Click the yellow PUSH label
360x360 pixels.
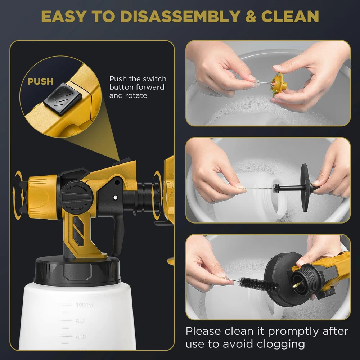[40, 81]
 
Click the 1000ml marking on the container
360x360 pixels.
[85, 305]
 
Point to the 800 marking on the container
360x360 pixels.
[81, 320]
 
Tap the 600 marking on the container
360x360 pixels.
[81, 337]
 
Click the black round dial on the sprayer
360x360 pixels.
[76, 198]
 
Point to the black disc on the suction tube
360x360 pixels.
[305, 187]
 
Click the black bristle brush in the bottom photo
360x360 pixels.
[257, 284]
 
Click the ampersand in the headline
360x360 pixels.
[251, 16]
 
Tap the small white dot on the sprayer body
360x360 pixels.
[115, 197]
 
